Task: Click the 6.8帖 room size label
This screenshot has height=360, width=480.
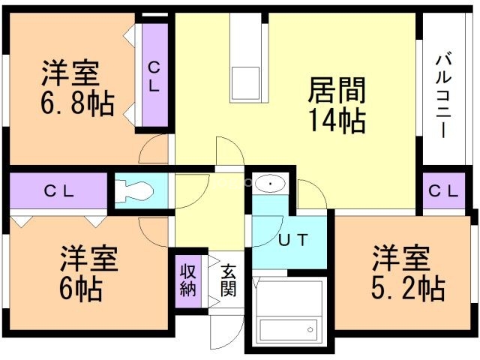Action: [x=77, y=103]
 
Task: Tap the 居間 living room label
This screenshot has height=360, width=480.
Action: [x=337, y=90]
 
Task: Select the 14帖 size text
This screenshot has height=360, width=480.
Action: [x=337, y=121]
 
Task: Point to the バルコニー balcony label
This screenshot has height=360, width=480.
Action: [x=443, y=96]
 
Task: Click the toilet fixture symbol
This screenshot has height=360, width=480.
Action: [x=134, y=191]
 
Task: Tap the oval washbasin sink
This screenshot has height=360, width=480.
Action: [x=270, y=184]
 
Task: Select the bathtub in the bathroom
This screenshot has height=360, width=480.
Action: [x=288, y=329]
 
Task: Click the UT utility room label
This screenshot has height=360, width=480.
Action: [x=293, y=240]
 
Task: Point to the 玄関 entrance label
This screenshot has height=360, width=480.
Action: [x=228, y=280]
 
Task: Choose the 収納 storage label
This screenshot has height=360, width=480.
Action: [x=188, y=280]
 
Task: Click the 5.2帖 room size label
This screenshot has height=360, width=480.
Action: [x=408, y=288]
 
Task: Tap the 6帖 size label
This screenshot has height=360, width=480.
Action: [x=81, y=288]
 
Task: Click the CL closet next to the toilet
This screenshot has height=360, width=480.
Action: [x=58, y=191]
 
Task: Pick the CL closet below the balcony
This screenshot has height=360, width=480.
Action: [x=443, y=191]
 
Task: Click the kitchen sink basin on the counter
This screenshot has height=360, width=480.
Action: [x=246, y=83]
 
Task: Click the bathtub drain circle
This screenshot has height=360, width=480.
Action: [x=310, y=330]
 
